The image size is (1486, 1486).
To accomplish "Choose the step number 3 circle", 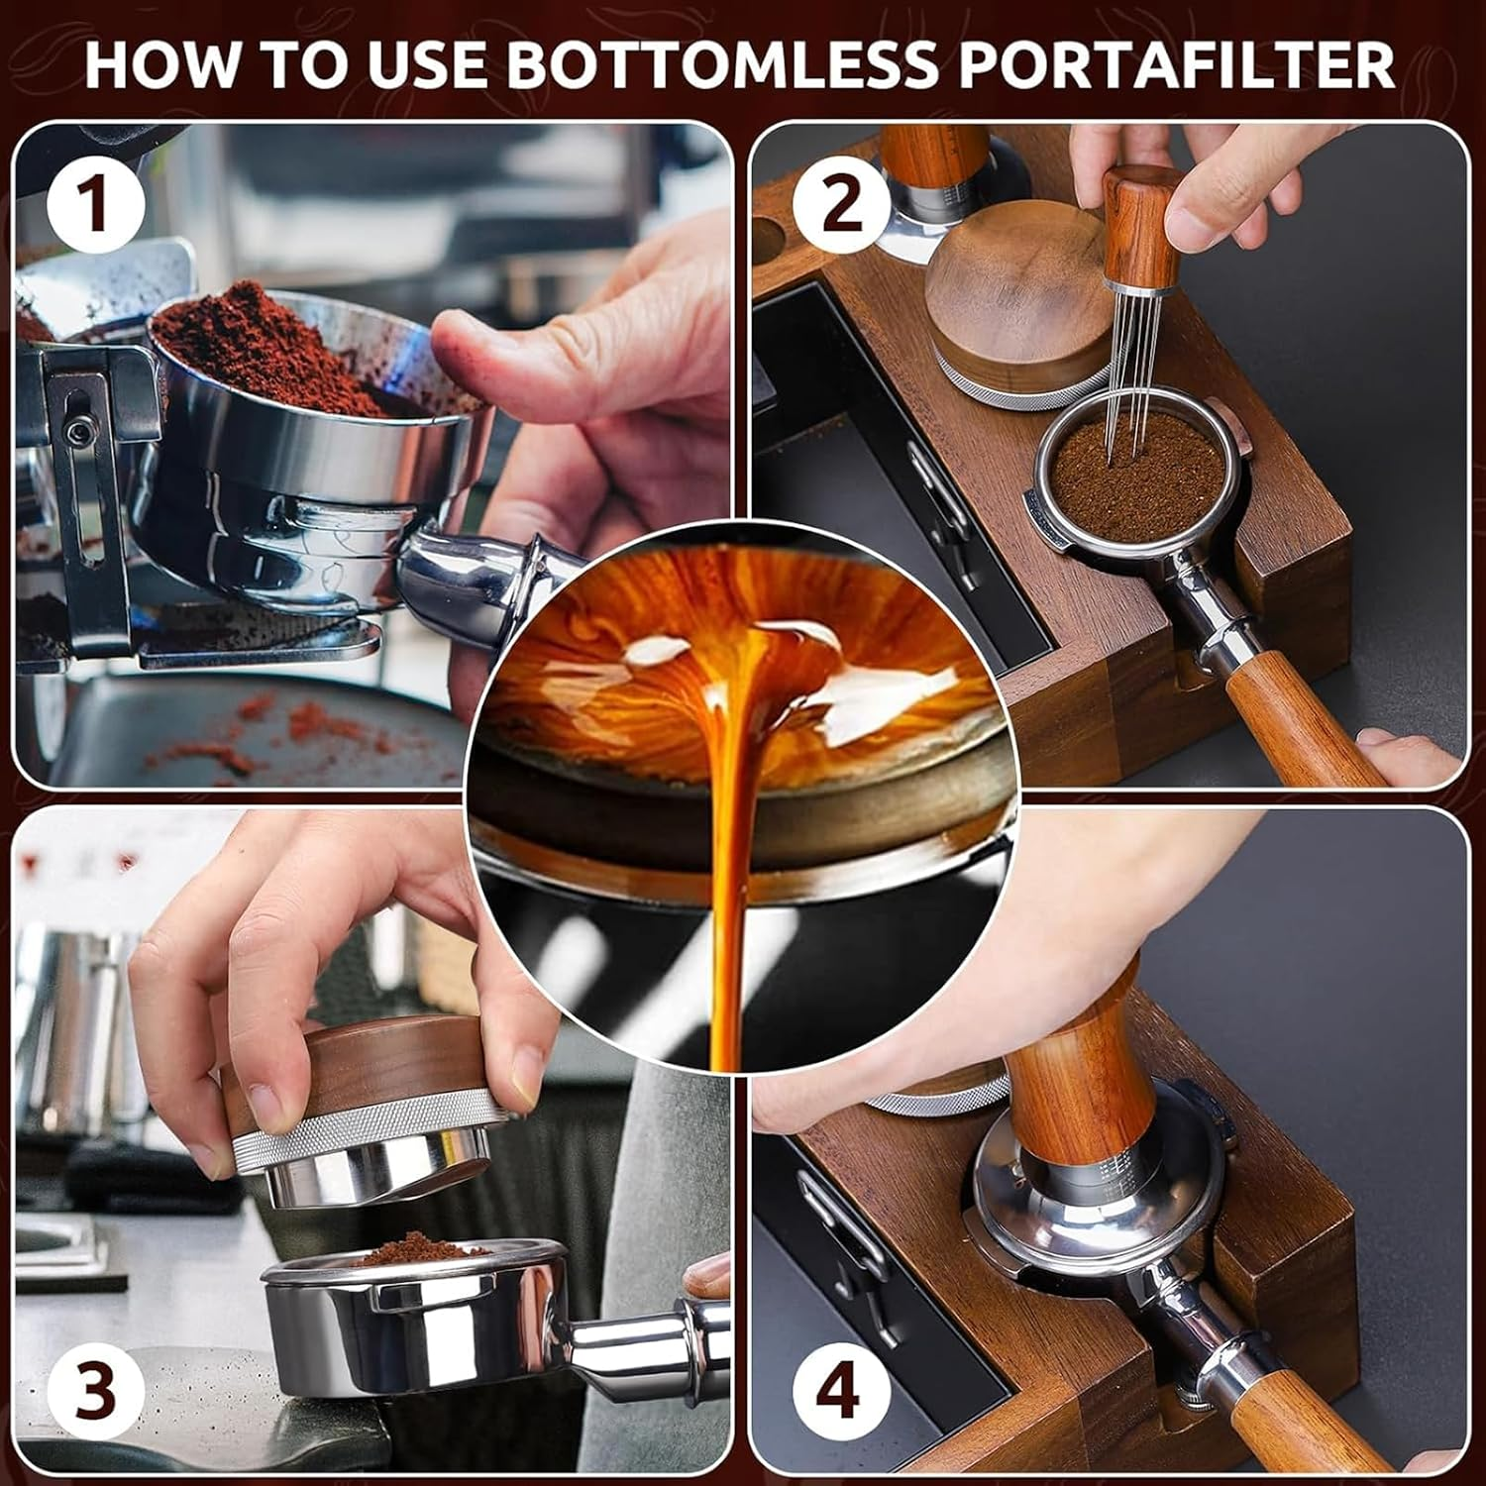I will [x=96, y=1390].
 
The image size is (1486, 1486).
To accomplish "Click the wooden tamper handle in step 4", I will [x=1075, y=1070].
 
